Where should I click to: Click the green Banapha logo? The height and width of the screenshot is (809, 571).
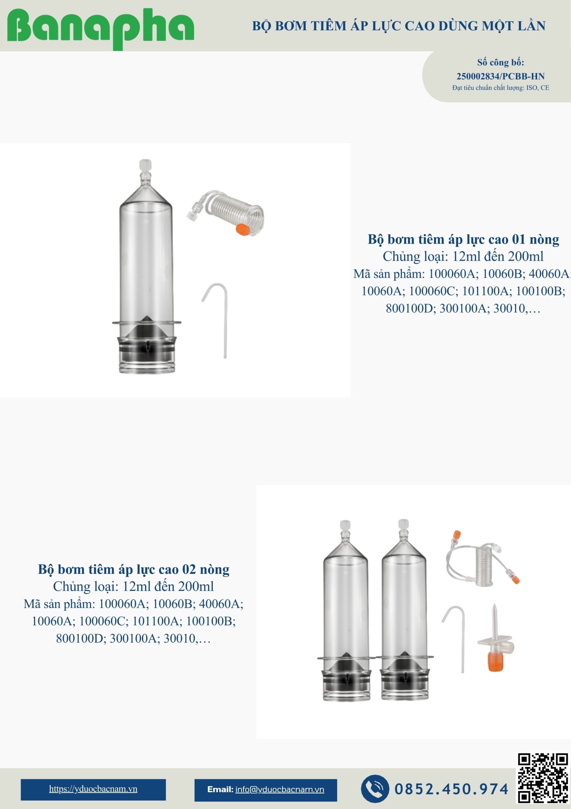click(x=100, y=28)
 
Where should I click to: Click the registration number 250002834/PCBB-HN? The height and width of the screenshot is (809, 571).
click(x=500, y=76)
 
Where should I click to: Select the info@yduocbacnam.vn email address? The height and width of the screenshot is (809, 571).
click(x=279, y=789)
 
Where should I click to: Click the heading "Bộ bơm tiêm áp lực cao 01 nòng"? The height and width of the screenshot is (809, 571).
click(x=463, y=239)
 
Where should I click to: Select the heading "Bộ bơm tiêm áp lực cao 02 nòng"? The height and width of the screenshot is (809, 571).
click(x=134, y=569)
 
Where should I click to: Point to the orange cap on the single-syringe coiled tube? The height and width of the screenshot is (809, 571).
click(x=242, y=229)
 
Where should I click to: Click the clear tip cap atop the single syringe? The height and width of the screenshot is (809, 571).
click(x=145, y=165)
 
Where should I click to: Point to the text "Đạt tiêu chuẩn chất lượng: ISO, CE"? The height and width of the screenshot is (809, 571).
click(x=501, y=88)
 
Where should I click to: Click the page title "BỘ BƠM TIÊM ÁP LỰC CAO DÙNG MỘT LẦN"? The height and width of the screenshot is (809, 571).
click(x=399, y=26)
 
